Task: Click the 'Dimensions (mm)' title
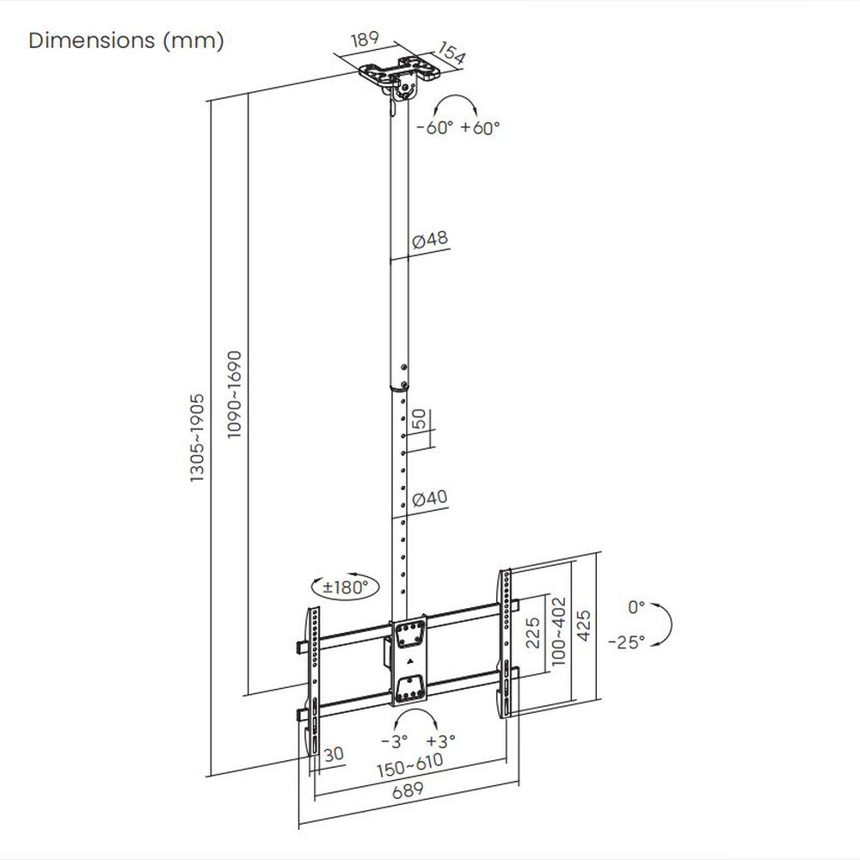[x=126, y=41]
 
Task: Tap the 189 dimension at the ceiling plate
[x=368, y=41]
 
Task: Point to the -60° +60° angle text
[x=458, y=128]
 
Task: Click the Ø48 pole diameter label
[x=430, y=241]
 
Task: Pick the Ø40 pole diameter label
[x=429, y=498]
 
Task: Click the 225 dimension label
[x=532, y=636]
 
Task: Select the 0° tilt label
[x=636, y=607]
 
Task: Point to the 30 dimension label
[x=335, y=753]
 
